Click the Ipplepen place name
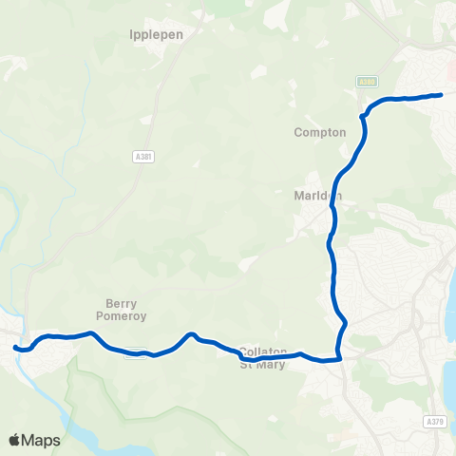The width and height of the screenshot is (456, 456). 155,33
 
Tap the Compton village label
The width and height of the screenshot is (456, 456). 320,133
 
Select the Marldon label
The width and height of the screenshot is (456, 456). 317,197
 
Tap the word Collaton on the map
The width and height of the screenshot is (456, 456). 263,351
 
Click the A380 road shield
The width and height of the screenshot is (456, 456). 368,83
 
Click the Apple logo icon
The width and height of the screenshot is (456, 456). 15,440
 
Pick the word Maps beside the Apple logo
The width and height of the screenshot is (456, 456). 42,440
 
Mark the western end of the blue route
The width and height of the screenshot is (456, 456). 16,348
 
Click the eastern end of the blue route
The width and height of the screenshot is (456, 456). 442,94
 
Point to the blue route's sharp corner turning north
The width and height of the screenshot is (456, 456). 338,359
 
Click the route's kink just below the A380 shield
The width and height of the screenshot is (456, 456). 363,116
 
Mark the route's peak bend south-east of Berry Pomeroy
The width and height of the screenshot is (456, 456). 191,333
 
